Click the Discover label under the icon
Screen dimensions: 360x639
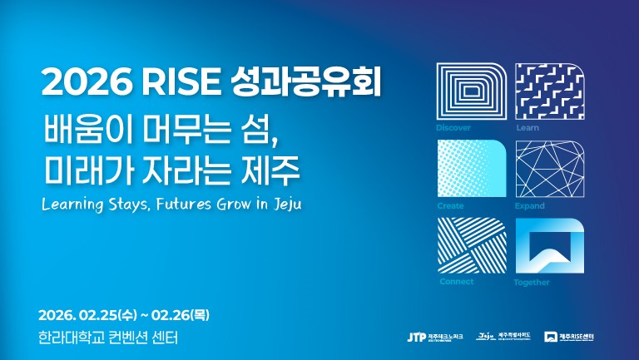coord(453,128)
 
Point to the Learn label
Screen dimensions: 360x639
coord(527,128)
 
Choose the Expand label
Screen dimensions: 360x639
coord(530,205)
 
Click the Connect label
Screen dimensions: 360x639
coord(455,282)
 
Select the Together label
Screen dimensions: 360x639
coord(532,283)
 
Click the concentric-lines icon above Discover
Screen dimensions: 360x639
coord(472,91)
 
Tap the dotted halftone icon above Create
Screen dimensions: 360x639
coord(472,168)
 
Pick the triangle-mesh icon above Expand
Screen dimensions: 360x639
coord(550,168)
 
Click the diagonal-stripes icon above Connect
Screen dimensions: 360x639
coord(472,245)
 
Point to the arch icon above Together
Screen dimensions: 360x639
coord(550,245)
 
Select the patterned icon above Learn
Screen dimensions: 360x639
coord(550,91)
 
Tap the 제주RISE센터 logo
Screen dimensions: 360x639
coord(575,337)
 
